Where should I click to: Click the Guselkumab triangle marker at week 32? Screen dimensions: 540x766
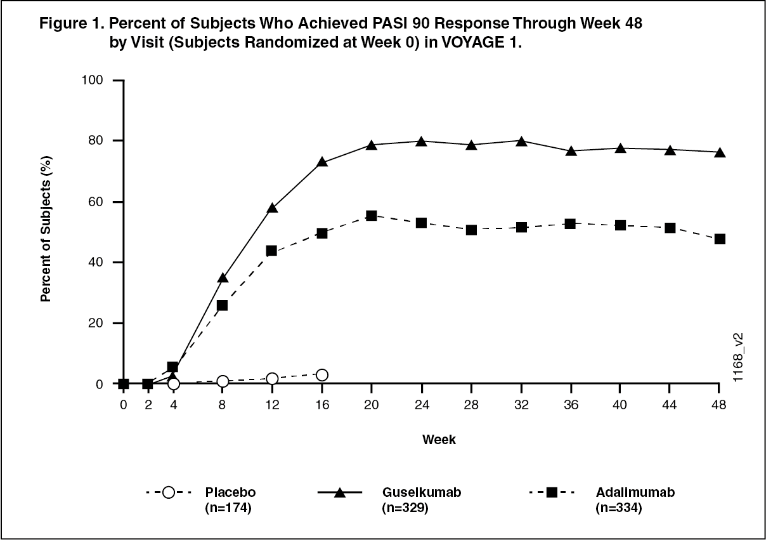pos(521,142)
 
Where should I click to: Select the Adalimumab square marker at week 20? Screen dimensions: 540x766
pos(372,216)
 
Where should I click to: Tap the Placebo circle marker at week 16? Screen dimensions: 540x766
pos(322,375)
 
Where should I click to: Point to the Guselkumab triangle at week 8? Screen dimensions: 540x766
pos(223,278)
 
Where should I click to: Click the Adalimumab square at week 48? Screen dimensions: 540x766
pos(720,239)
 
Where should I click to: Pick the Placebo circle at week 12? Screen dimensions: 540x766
pos(273,379)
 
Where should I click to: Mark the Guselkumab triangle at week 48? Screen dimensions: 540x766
pos(720,153)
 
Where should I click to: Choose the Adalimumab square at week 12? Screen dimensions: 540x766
pos(273,251)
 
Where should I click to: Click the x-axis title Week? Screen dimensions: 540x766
pos(439,440)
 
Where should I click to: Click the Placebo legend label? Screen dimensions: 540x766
pos(230,492)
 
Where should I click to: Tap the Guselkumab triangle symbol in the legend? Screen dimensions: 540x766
pos(340,492)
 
